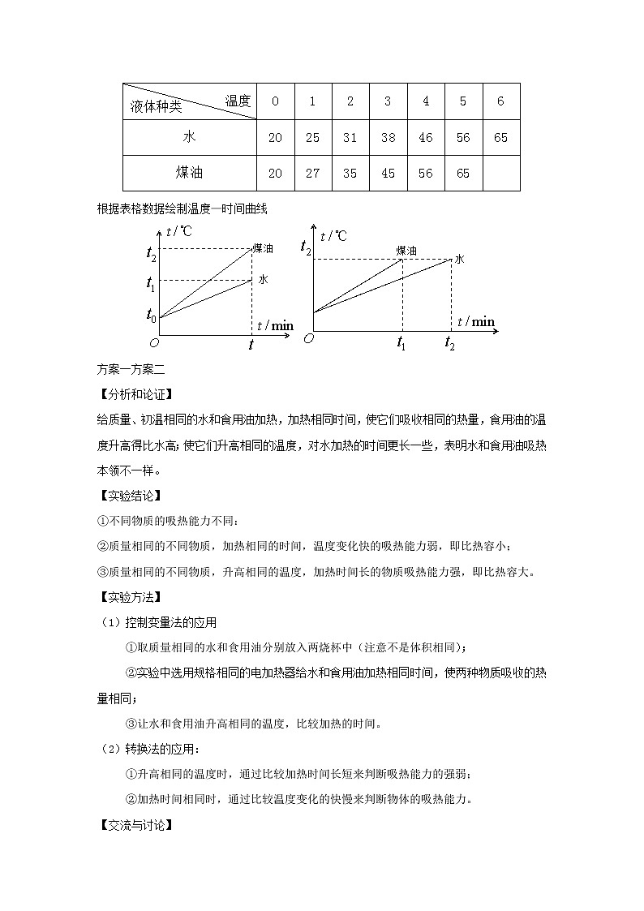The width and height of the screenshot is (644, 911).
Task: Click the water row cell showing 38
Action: pyautogui.click(x=388, y=137)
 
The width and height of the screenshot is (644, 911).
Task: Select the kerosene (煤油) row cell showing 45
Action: pyautogui.click(x=388, y=173)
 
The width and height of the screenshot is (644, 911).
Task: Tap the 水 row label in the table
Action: pyautogui.click(x=189, y=137)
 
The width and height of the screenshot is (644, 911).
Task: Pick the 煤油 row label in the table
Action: pyautogui.click(x=189, y=173)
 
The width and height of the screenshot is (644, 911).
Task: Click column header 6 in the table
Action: pyautogui.click(x=500, y=101)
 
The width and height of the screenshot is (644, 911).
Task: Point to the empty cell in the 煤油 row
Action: pyautogui.click(x=500, y=173)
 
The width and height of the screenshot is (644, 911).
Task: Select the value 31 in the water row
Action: pyautogui.click(x=350, y=137)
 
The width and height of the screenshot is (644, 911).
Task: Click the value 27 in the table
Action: pyautogui.click(x=312, y=173)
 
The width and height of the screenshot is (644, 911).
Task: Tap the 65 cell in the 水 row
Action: pyautogui.click(x=500, y=137)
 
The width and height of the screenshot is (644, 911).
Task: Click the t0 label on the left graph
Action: pyautogui.click(x=151, y=315)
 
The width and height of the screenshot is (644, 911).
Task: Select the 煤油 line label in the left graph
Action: pyautogui.click(x=263, y=247)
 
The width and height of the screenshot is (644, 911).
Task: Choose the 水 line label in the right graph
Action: pyautogui.click(x=459, y=259)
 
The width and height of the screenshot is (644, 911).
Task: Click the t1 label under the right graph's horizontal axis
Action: pyautogui.click(x=401, y=344)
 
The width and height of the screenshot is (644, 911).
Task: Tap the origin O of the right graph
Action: pyautogui.click(x=308, y=337)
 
